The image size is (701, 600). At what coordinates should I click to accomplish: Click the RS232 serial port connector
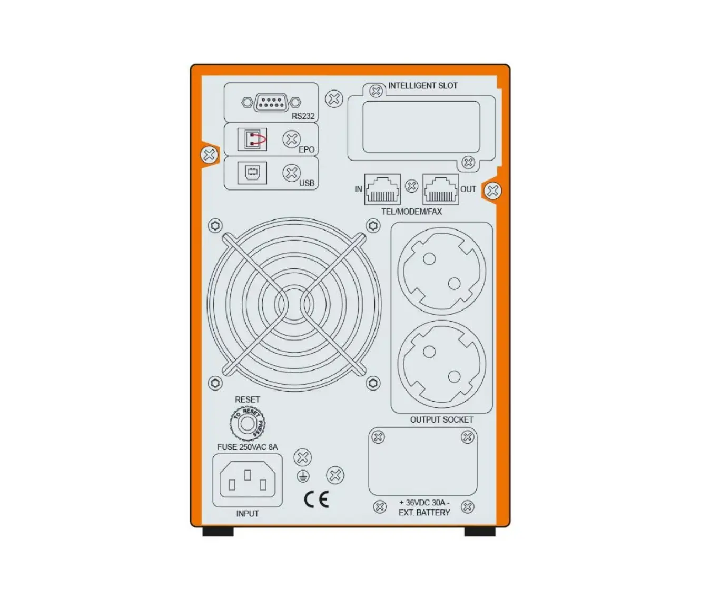(271, 102)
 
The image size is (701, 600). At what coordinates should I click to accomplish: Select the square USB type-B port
(252, 173)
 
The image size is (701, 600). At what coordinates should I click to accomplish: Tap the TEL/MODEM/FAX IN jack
(382, 189)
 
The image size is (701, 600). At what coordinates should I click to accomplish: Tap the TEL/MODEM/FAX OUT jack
(440, 189)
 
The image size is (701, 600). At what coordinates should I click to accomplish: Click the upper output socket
(441, 268)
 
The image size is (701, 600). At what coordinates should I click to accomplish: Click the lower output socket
(441, 364)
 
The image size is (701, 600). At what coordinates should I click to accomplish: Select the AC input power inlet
(248, 481)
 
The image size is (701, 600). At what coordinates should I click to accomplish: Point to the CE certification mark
(317, 499)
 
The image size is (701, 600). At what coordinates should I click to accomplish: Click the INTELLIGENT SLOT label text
(423, 86)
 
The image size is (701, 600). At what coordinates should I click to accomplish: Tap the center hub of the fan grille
(294, 304)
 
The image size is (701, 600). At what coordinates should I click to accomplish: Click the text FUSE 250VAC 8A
(248, 447)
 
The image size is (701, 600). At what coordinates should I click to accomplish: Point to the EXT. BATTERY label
(424, 513)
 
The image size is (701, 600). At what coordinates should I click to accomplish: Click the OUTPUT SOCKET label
(441, 419)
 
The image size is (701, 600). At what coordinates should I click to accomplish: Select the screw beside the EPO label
(291, 139)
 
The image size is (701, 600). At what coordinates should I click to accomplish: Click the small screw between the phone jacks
(412, 186)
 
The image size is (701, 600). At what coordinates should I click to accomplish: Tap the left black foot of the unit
(218, 531)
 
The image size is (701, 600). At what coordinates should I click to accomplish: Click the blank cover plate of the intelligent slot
(421, 127)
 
